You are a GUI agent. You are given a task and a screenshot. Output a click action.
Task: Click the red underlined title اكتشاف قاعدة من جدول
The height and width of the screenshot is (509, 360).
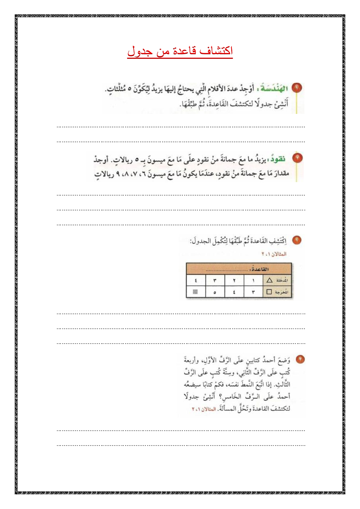click(x=180, y=51)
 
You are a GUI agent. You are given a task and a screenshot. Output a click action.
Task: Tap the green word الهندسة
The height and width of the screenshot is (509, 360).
click(x=274, y=89)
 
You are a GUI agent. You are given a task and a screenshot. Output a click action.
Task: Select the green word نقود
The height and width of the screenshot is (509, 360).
click(x=278, y=159)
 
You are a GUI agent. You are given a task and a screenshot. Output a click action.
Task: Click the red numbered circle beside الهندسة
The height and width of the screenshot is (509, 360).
click(x=296, y=88)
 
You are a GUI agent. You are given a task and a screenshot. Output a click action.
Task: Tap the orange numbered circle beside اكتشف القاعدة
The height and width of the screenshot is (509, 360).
click(x=296, y=240)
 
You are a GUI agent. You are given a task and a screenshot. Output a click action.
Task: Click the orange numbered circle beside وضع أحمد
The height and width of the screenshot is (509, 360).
click(x=300, y=359)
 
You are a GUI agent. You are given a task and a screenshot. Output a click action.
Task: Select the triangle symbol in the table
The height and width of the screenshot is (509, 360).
click(x=269, y=280)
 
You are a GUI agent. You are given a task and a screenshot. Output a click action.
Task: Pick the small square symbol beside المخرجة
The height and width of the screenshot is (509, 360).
click(x=269, y=292)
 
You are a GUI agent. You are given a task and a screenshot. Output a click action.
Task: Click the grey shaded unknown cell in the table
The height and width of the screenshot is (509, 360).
click(x=195, y=292)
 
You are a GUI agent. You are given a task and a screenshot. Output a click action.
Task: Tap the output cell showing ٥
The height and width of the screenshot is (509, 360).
click(x=215, y=292)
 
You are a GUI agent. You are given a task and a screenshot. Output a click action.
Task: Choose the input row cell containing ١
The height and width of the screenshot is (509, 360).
click(x=253, y=280)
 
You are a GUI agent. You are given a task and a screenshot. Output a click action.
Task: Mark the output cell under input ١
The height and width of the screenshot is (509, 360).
click(x=253, y=292)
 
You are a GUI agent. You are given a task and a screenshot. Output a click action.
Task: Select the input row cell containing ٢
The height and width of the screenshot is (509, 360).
click(x=234, y=280)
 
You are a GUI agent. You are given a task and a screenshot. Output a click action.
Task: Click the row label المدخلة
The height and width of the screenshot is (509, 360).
click(x=282, y=280)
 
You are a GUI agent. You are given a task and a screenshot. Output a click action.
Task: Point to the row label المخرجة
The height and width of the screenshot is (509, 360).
click(x=282, y=292)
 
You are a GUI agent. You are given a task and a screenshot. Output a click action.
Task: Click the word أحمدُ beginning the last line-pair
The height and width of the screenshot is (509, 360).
click(x=282, y=397)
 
